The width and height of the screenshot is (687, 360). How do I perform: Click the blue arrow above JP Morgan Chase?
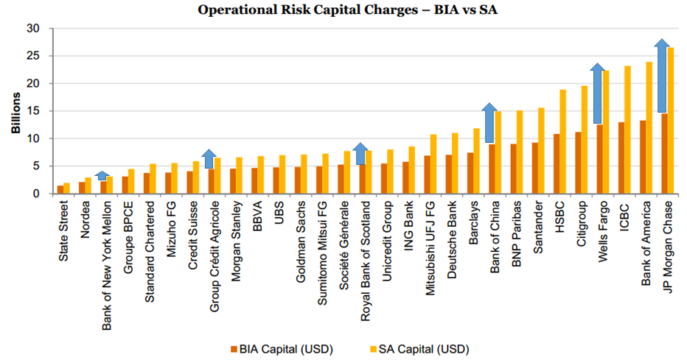point(663,77)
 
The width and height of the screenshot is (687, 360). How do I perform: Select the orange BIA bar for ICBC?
point(621,158)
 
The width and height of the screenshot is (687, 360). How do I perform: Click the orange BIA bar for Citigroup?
point(578,163)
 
